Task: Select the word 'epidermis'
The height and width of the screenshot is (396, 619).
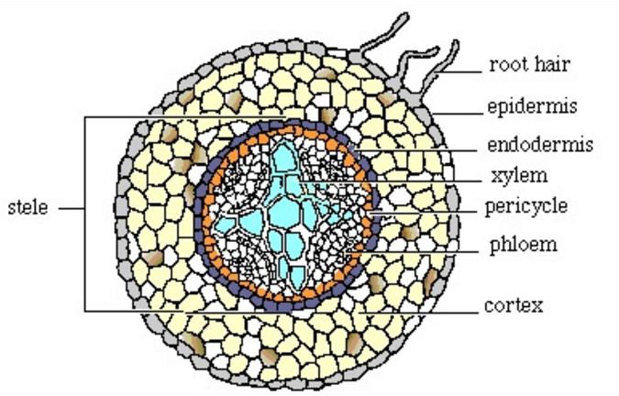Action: (531, 107)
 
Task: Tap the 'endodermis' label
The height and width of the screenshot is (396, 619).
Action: (538, 144)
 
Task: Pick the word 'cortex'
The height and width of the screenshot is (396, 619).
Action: (514, 304)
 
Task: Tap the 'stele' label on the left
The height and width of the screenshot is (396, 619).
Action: (28, 207)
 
